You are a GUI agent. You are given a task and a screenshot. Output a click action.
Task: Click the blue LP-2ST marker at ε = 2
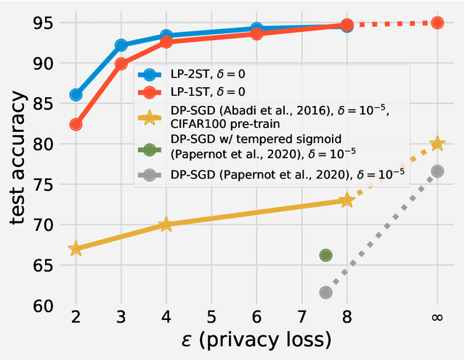pos(76,95)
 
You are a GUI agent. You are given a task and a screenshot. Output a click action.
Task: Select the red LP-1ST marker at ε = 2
pos(76,125)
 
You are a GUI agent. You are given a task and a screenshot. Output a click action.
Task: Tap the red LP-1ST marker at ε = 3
pos(121,64)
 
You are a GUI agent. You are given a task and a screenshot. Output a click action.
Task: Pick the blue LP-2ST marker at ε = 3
pos(121,46)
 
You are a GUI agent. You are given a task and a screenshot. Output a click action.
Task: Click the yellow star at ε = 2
pos(76,249)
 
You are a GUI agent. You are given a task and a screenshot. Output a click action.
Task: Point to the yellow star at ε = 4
pos(166,225)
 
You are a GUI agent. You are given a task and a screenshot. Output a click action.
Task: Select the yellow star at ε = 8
pos(347,200)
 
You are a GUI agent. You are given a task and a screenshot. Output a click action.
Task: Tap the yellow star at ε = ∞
pos(437,144)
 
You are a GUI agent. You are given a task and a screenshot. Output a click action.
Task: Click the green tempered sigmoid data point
pos(325,255)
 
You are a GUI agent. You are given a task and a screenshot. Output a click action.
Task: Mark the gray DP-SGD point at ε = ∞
pos(437,171)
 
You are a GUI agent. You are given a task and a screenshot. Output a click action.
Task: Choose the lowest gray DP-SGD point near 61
pos(325,292)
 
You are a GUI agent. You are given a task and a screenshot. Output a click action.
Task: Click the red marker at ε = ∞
pos(437,23)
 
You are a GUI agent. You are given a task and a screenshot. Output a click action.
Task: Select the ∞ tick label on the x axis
pos(437,317)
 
